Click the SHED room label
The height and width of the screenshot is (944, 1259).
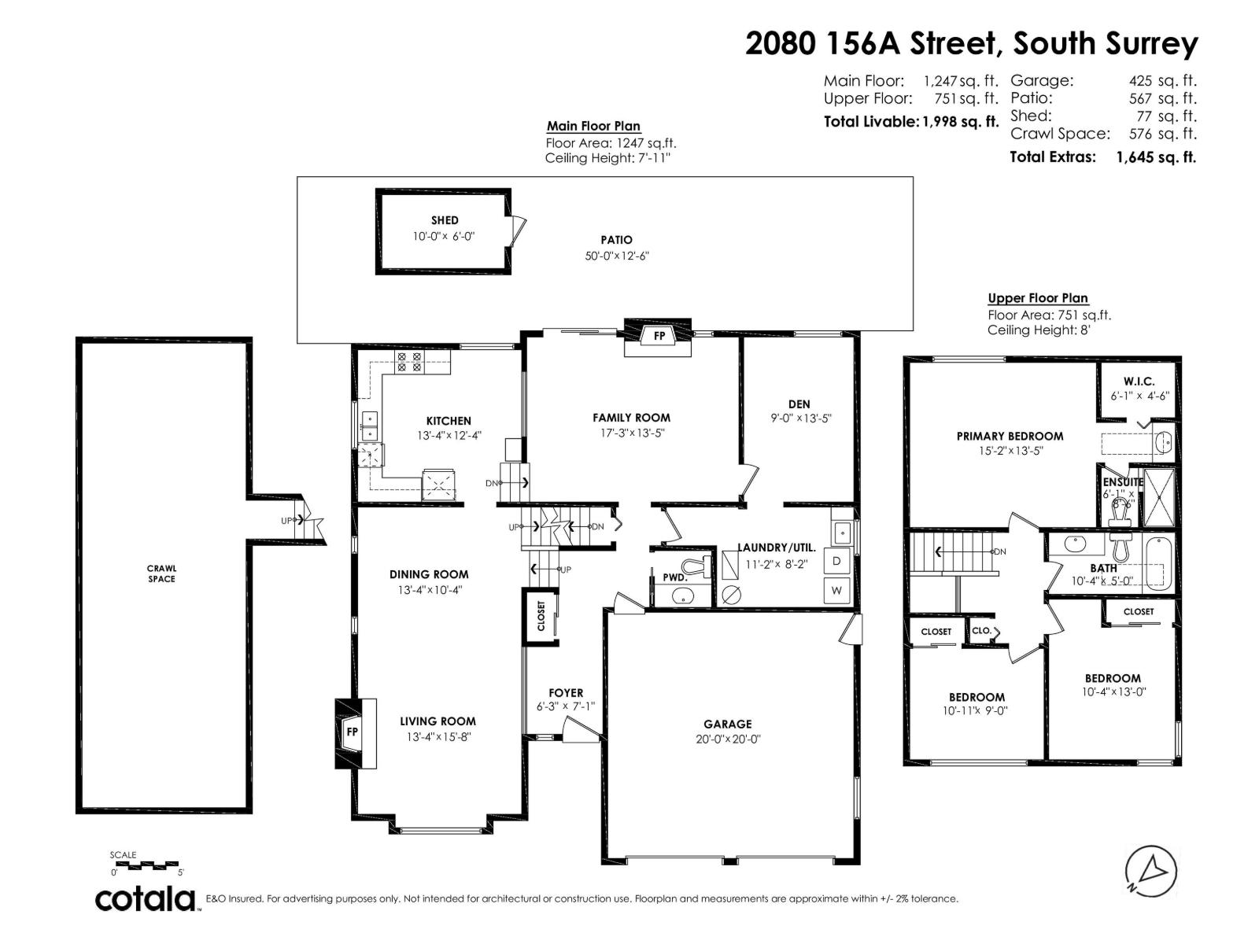[x=445, y=220]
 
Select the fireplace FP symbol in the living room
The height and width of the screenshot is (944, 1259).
[x=353, y=732]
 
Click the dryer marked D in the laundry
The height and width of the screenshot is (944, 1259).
[x=836, y=561]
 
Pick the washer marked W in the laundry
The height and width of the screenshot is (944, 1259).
[x=836, y=590]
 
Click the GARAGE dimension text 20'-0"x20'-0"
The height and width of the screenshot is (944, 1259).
[x=728, y=739]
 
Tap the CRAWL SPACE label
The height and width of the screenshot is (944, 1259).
[x=162, y=573]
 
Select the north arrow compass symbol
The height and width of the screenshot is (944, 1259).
[x=1151, y=871]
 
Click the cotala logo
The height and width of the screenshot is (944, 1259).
[x=146, y=898]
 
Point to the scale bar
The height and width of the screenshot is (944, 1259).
[x=148, y=865]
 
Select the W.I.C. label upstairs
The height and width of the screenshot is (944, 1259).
[x=1139, y=382]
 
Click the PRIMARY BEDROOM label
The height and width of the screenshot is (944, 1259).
[x=1010, y=436]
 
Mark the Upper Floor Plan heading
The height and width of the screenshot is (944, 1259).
[x=1038, y=298]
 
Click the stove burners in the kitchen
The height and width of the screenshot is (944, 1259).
[x=409, y=361]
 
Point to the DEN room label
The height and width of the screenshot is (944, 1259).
[x=799, y=404]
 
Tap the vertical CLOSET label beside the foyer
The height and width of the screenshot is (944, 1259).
[x=541, y=616]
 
